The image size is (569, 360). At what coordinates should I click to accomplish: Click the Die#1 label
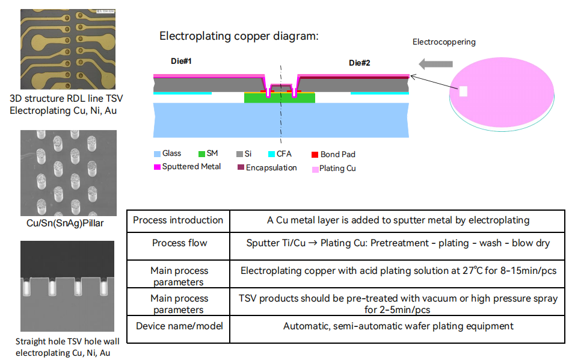coord(181,61)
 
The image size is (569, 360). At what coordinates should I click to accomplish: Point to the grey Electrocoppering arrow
coord(435,63)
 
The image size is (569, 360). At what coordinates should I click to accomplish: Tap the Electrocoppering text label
coord(444,42)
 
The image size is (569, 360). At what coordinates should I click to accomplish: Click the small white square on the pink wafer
coord(464,92)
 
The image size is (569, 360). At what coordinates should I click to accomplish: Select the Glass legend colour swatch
coord(157,154)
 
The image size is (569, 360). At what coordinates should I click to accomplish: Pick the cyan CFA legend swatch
coord(272,154)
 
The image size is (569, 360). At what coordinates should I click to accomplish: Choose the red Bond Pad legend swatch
coord(315,155)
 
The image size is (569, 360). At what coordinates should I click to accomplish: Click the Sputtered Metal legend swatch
coord(157,167)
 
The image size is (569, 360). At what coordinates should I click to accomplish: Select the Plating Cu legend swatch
coord(315,169)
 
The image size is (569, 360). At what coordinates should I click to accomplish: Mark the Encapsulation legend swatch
coord(241,167)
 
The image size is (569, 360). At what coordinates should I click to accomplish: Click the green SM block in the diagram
coord(280,98)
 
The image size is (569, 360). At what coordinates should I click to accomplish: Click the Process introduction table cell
coord(178,220)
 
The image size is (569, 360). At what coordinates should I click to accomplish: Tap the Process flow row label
coord(179,243)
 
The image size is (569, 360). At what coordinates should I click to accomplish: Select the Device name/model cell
coord(179,326)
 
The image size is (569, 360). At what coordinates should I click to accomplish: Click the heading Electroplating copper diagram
coord(238,36)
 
